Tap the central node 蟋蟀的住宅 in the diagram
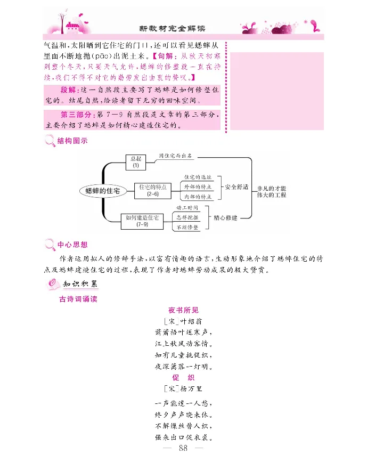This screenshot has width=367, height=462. (x=102, y=190)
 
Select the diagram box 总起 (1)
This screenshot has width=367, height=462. (x=135, y=162)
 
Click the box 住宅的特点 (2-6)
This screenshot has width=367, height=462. (x=153, y=190)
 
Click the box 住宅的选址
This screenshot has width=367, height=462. (x=198, y=176)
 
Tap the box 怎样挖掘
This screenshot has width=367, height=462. (x=187, y=217)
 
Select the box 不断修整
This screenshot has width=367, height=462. (x=187, y=228)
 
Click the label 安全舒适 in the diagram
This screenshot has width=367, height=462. (x=238, y=187)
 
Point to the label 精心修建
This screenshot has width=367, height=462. (x=225, y=217)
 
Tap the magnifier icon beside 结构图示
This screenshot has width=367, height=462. (x=50, y=141)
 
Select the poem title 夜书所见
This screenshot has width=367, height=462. (x=183, y=310)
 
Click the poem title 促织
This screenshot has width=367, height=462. (x=183, y=377)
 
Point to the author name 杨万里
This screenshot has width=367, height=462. (x=189, y=388)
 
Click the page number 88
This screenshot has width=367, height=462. (x=184, y=449)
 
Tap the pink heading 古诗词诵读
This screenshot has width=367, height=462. (x=78, y=299)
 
